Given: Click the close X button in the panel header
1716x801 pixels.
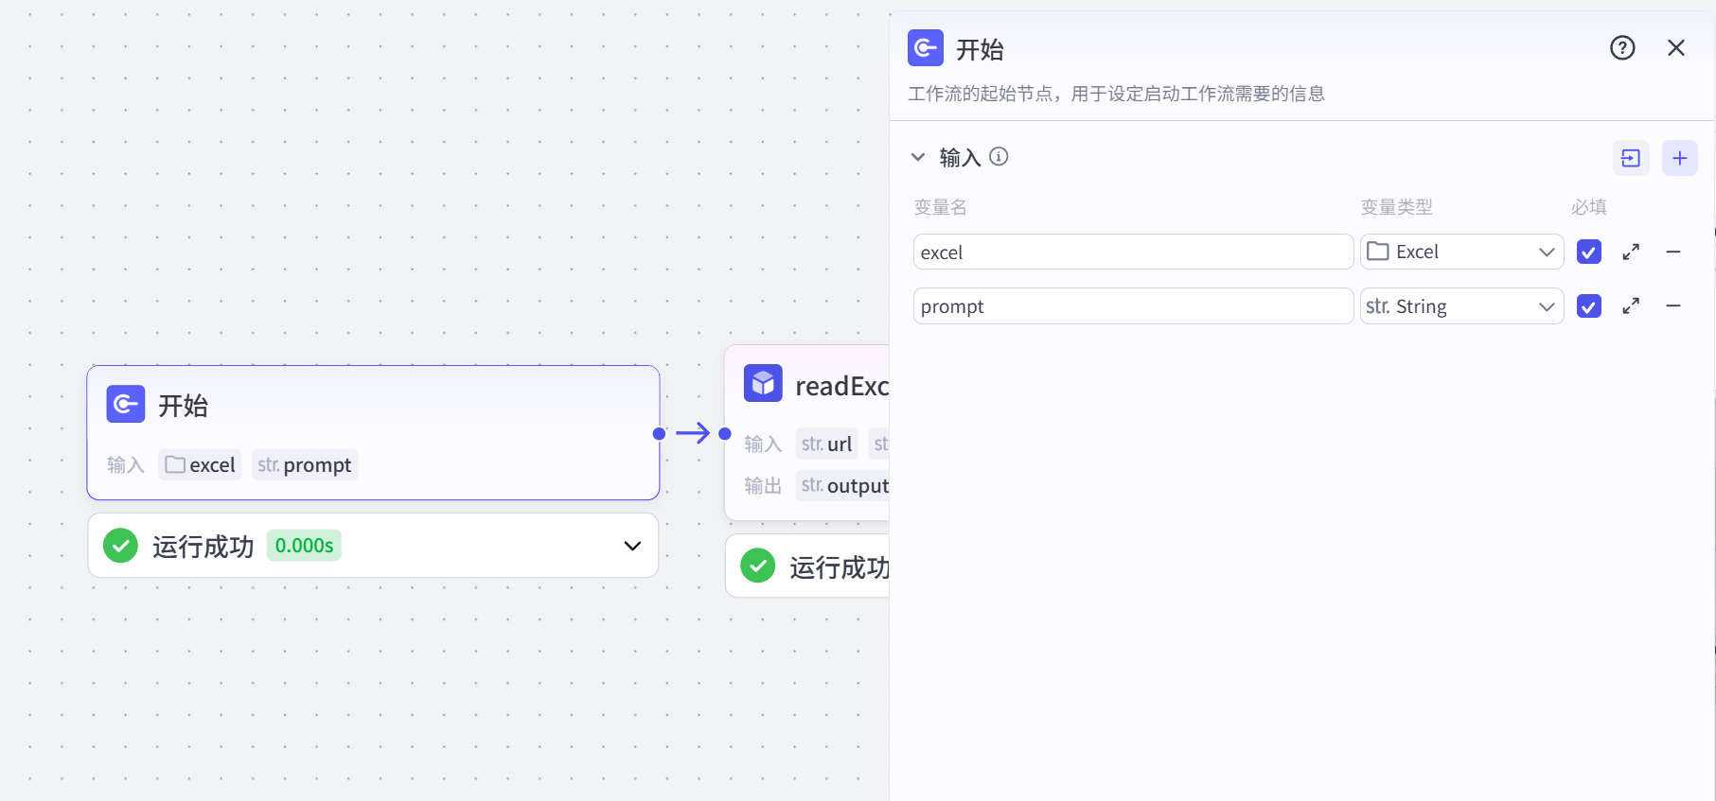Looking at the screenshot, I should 1675,48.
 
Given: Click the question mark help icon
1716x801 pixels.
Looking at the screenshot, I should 1622,48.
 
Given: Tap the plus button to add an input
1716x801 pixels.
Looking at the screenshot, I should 1679,158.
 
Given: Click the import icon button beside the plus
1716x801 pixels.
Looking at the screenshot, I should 1630,158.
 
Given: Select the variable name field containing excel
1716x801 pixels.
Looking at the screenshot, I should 1132,252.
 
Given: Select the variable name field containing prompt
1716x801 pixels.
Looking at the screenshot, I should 1132,306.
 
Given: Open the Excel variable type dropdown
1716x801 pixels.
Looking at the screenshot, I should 1460,252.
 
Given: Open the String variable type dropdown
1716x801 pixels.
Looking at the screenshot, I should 1460,306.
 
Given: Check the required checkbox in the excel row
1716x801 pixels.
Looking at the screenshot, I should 1588,252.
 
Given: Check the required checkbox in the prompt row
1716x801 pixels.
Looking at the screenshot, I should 1588,306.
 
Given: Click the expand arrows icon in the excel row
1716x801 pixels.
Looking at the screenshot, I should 1631,252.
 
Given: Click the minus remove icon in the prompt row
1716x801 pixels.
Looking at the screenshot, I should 1673,306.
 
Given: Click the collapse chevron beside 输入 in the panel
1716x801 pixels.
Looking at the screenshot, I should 917,157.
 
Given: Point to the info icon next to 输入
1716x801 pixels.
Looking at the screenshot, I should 999,157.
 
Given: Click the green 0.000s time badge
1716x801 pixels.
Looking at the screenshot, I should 304,546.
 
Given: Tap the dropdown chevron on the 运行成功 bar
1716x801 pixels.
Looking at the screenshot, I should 632,546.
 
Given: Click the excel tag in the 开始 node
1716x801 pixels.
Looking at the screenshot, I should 200,465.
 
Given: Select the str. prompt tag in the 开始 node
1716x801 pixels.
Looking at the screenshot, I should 305,465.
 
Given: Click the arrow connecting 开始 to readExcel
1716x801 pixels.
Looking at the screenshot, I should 693,433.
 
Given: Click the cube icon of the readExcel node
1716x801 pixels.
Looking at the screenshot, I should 763,383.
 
